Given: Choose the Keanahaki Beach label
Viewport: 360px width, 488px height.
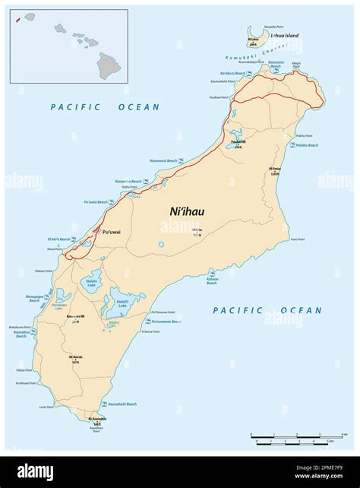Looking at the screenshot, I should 122,404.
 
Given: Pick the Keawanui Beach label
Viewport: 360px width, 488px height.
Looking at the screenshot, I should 163,160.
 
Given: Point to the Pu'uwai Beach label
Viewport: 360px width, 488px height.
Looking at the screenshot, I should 97,202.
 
